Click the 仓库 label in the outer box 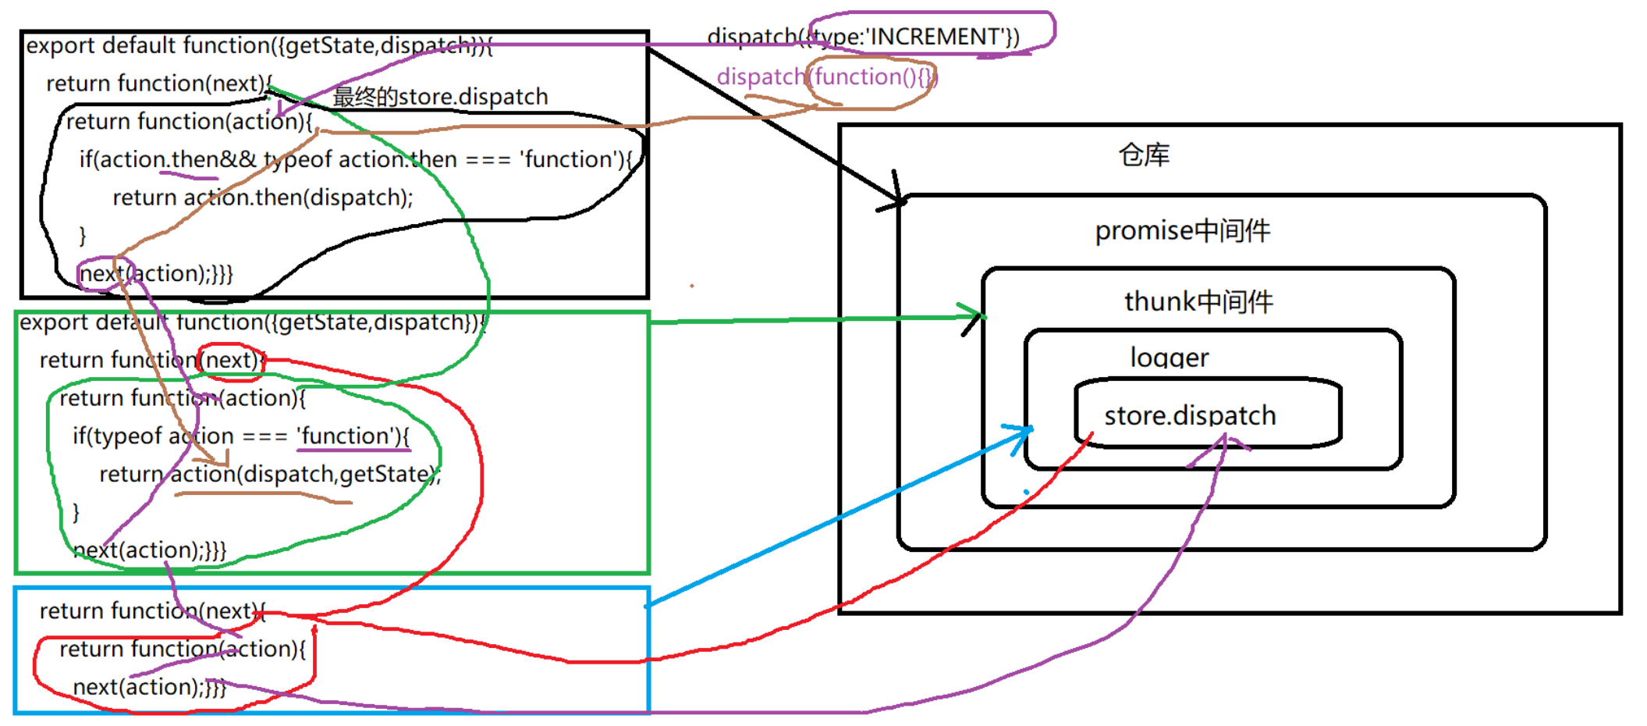1144,155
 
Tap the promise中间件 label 1182,231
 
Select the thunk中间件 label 1198,301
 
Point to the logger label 1169,358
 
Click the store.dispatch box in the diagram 1207,414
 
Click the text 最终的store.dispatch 441,97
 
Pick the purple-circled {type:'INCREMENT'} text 913,37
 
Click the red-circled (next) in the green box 231,360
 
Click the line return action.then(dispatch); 263,198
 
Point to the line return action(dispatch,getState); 270,474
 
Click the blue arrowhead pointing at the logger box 1025,432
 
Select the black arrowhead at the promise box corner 897,199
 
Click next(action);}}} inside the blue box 150,687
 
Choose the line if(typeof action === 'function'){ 241,436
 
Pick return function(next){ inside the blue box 152,610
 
